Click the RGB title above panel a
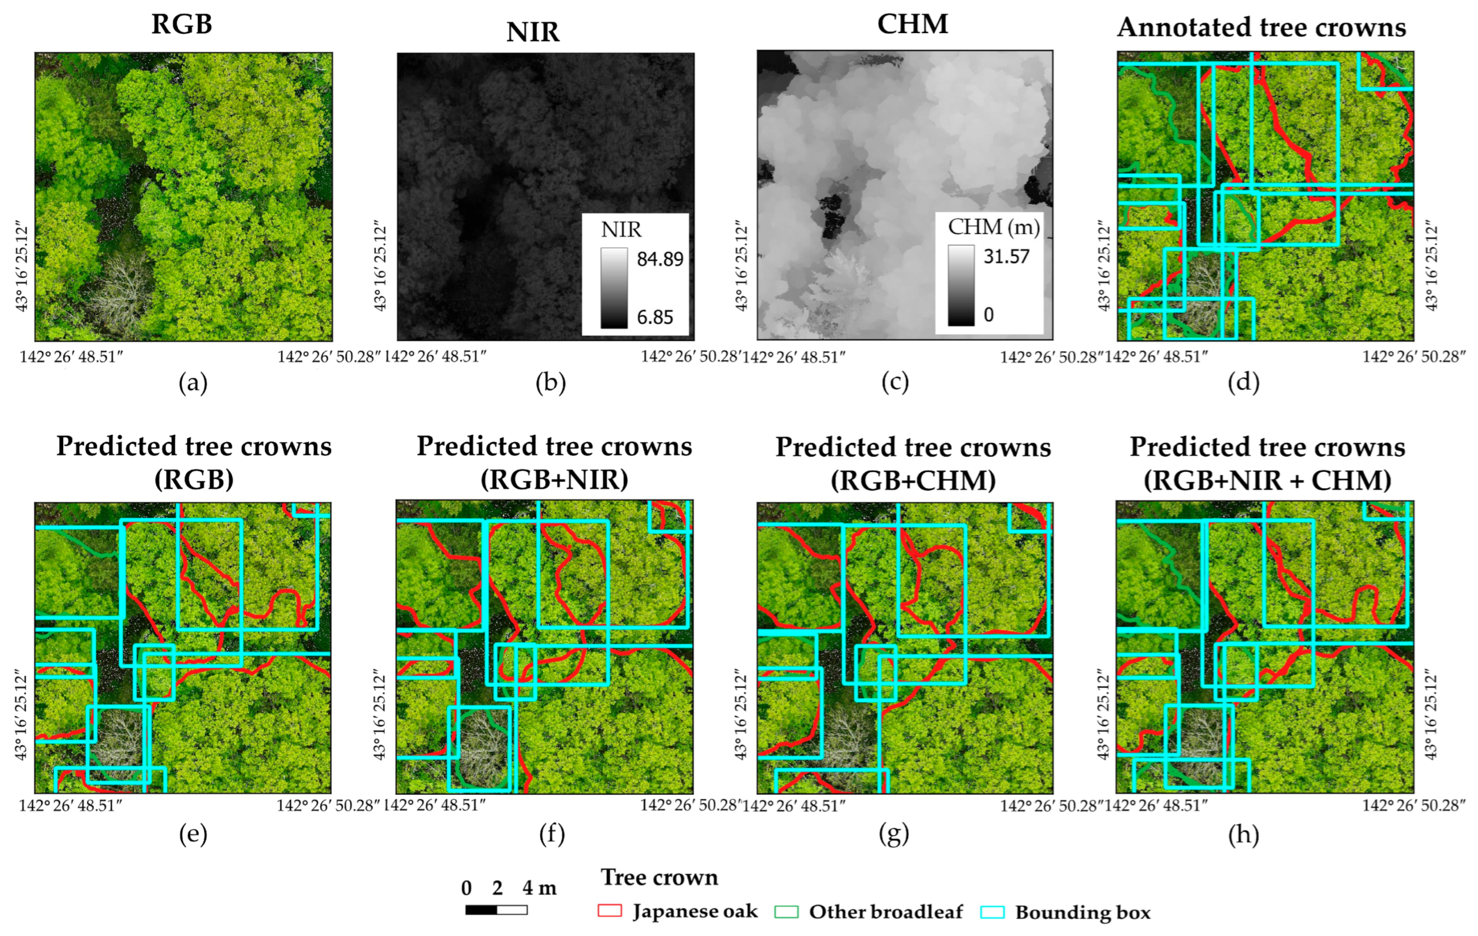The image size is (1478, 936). tap(182, 24)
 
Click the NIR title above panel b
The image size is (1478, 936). tap(532, 32)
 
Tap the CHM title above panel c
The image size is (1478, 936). tap(912, 24)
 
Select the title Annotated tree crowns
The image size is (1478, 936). tap(1261, 28)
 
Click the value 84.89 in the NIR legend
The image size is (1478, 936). tap(659, 259)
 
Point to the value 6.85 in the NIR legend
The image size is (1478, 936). tap(654, 317)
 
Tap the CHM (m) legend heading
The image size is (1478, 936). tap(993, 227)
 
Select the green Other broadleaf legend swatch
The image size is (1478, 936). tap(786, 912)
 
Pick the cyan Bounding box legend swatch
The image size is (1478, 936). tap(992, 912)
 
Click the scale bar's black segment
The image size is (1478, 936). tap(481, 910)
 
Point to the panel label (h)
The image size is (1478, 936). tap(1243, 834)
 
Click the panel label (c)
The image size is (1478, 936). tap(894, 383)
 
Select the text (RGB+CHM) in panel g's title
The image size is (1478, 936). tap(913, 480)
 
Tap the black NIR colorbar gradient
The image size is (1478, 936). tap(614, 288)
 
